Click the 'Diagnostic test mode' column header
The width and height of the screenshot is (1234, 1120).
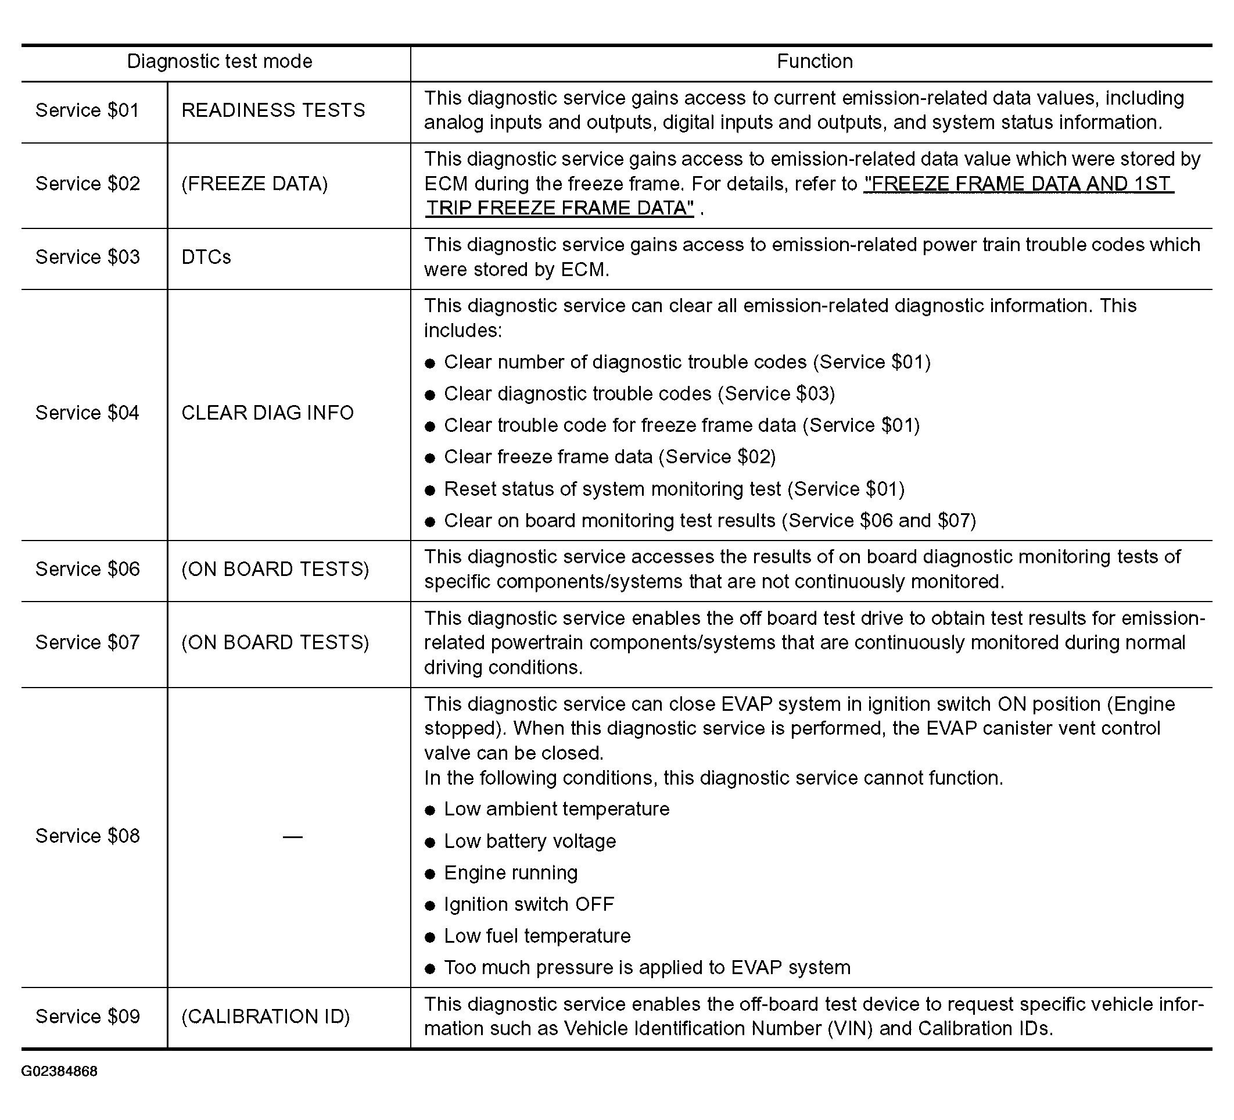(x=219, y=61)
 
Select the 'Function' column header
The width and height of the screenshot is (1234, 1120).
(x=814, y=61)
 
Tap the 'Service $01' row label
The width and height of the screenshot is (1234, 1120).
(x=88, y=110)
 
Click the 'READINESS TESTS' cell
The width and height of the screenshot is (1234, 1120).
(x=273, y=110)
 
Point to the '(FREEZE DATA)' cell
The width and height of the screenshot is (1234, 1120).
(x=254, y=184)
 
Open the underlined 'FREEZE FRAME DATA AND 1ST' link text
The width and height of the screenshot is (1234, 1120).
(x=1018, y=184)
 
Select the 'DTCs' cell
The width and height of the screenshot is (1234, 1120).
(x=206, y=257)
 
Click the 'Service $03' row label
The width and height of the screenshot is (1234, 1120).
(x=88, y=257)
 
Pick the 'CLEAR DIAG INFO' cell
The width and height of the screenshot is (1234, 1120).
(x=267, y=413)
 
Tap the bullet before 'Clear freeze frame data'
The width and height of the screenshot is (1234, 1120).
(x=431, y=458)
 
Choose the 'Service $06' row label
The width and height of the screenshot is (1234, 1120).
(x=88, y=569)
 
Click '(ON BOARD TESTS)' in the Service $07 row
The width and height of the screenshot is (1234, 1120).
(x=275, y=642)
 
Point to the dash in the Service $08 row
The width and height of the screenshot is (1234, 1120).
(x=293, y=836)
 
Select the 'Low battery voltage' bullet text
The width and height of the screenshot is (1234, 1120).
(x=530, y=842)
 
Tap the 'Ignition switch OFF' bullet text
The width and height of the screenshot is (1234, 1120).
(x=529, y=904)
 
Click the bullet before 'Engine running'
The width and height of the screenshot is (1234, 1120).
(x=431, y=874)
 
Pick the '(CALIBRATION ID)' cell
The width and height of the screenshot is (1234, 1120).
(x=266, y=1017)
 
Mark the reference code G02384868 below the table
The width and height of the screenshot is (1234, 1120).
(x=59, y=1071)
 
